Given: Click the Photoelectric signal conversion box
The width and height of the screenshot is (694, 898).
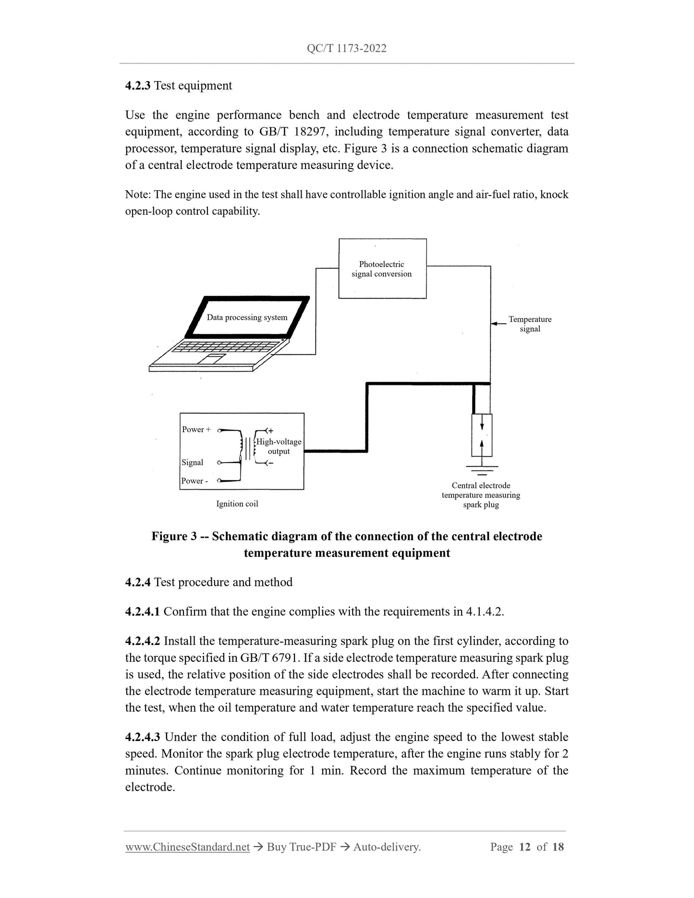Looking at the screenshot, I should click(x=382, y=269).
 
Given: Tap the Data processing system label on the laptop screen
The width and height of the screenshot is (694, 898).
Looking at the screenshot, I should click(x=247, y=317).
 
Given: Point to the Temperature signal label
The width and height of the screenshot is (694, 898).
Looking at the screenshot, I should click(x=530, y=324).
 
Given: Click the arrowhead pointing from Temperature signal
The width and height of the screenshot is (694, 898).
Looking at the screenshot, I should click(x=495, y=324).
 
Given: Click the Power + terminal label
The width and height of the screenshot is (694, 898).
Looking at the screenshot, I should click(x=196, y=429).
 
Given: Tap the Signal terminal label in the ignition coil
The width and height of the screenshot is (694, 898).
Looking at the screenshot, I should click(x=192, y=462).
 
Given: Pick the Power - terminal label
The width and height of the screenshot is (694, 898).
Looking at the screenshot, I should click(x=194, y=481).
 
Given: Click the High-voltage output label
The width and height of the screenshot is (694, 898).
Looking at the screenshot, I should click(x=279, y=447).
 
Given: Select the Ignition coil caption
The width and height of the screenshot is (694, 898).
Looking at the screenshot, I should click(x=237, y=504).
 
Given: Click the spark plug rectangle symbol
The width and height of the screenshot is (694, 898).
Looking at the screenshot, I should click(x=482, y=435).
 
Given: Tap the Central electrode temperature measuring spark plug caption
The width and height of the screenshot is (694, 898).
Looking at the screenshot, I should click(x=481, y=495).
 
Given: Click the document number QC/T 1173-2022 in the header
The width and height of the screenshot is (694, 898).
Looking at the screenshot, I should click(x=346, y=48).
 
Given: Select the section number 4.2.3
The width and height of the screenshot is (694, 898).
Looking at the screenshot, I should click(x=137, y=85).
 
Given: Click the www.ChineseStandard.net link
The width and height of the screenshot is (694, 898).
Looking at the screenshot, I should click(x=187, y=847).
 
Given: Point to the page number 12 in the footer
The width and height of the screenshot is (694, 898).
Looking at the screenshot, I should click(x=524, y=847).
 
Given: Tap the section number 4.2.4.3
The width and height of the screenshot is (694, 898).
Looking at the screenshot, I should click(x=143, y=737).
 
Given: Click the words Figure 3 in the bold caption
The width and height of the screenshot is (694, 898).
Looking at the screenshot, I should click(x=174, y=536).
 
